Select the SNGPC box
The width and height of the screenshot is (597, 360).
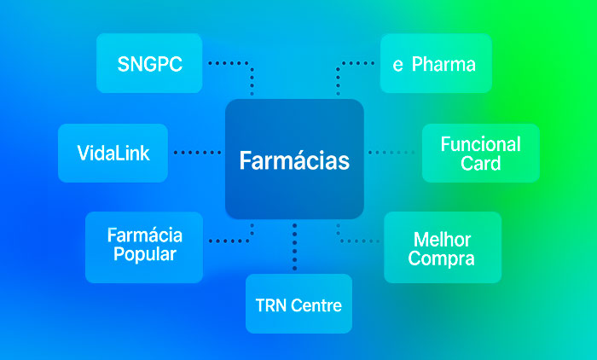pos(149,63)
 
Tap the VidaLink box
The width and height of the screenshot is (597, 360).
pos(113,153)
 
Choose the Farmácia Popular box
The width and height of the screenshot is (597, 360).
pos(144,247)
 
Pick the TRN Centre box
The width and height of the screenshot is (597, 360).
pos(298,304)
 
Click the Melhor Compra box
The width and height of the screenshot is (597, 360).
pos(442,247)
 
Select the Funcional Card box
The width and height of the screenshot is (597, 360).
pos(480,153)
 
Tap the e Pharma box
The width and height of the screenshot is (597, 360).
pos(435,63)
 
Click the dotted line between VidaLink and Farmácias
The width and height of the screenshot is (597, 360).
pos(197,153)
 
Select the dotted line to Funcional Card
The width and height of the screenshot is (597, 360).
pos(394,153)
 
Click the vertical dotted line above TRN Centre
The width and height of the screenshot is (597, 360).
pos(294,247)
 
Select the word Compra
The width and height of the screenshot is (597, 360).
pos(442,258)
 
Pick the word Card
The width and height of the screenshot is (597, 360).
pos(480,163)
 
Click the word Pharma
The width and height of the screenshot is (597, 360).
pos(443,64)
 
